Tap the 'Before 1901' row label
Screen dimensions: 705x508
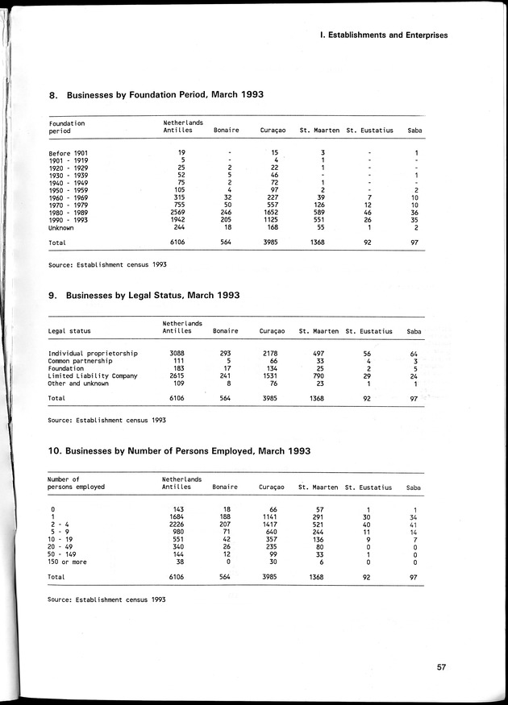[68, 153]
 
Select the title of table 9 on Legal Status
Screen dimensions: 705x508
[144, 296]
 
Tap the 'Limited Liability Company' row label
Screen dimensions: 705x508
[93, 375]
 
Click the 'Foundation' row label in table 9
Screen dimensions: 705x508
[66, 368]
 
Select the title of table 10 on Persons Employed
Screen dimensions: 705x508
[179, 451]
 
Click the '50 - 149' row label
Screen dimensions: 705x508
[64, 554]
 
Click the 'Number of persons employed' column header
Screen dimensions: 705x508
[76, 483]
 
